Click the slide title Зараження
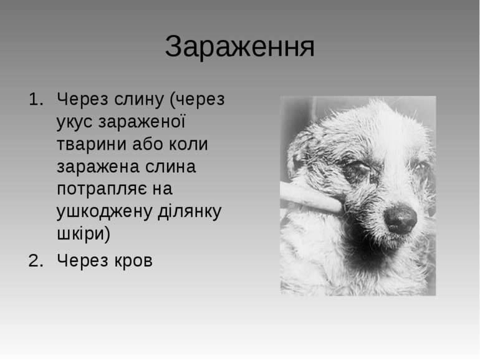(240, 47)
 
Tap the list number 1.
(36, 99)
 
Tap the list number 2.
(36, 261)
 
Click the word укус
(74, 122)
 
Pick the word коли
(188, 144)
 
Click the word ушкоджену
(104, 212)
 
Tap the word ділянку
(190, 212)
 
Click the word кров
(133, 261)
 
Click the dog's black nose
(400, 218)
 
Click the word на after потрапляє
(162, 189)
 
